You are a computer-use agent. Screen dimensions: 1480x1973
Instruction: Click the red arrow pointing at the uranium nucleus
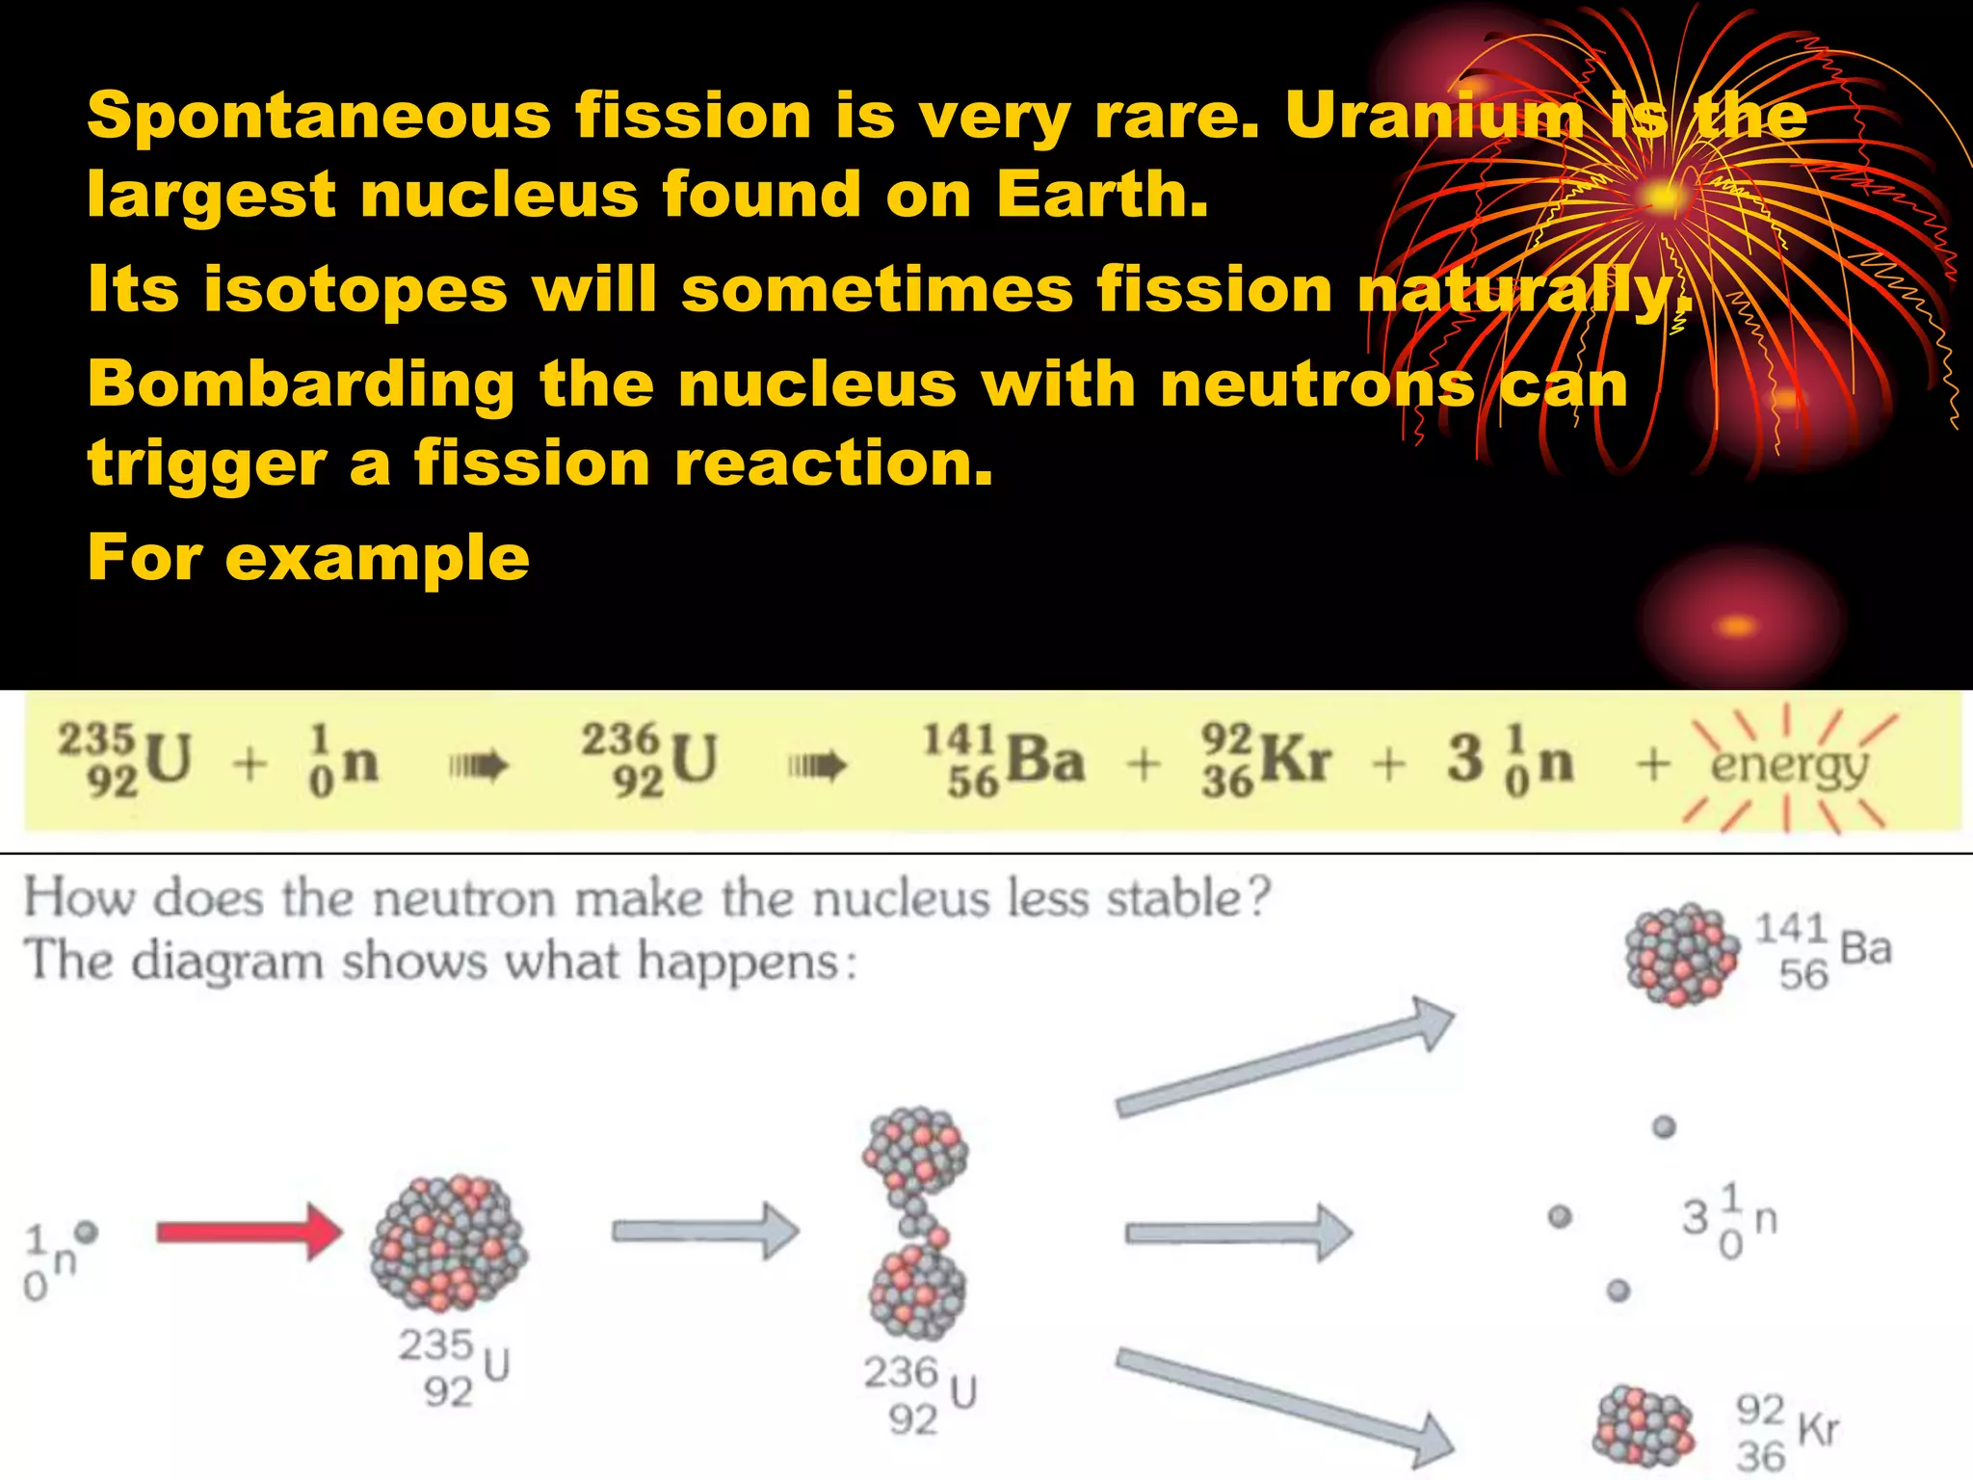[x=249, y=1231]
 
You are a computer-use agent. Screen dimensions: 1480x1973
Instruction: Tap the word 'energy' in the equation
[x=1789, y=767]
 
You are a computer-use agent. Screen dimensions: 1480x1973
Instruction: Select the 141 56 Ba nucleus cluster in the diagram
[x=1682, y=955]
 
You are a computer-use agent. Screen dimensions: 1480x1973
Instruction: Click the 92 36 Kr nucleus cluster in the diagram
[x=1643, y=1426]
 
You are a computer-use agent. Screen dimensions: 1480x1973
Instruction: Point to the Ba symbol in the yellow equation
[x=1045, y=761]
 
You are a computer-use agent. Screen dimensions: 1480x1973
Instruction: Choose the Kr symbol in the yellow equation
[x=1296, y=761]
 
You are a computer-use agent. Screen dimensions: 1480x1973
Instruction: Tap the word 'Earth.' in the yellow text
[x=1102, y=196]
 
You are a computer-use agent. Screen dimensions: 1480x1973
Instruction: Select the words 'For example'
[x=308, y=558]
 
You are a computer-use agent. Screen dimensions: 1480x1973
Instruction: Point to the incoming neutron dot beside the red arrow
[x=87, y=1231]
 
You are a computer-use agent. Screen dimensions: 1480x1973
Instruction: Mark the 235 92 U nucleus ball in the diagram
[x=449, y=1243]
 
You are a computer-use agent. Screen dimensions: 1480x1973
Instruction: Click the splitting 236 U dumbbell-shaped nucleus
[x=915, y=1224]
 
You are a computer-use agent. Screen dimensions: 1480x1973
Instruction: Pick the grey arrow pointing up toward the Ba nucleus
[x=1286, y=1060]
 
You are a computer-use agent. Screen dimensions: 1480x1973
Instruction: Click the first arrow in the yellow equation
[x=478, y=767]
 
